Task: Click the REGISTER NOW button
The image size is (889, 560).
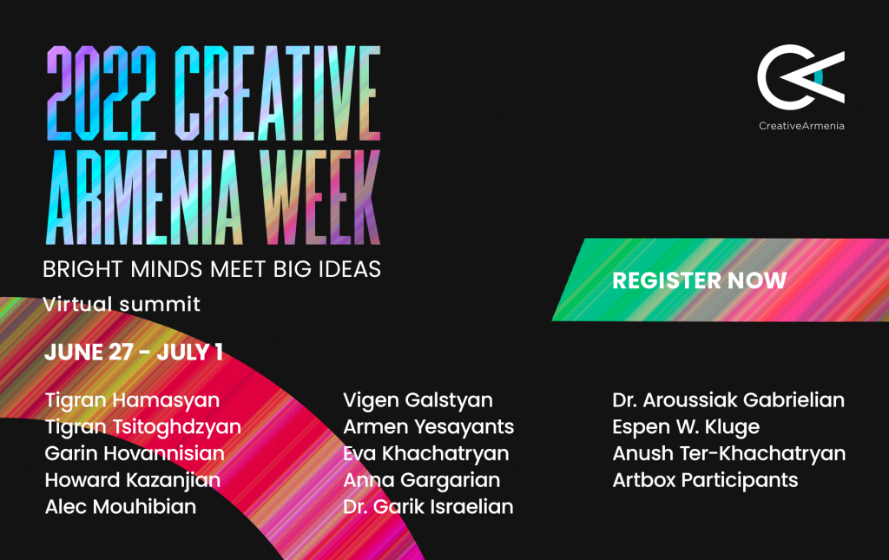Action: tap(720, 280)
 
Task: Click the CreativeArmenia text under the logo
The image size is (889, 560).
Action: tap(801, 126)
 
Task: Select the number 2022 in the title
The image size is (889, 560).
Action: tap(101, 93)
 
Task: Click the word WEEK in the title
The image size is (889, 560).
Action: tap(320, 197)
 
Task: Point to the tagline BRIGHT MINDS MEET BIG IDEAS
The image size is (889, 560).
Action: tap(212, 269)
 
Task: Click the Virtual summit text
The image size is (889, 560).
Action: tap(122, 305)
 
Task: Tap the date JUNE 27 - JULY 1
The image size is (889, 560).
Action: tap(133, 352)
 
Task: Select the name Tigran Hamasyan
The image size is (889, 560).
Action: tap(132, 401)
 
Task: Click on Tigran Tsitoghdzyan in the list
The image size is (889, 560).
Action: tap(143, 427)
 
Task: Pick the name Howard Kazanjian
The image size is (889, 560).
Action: tap(133, 481)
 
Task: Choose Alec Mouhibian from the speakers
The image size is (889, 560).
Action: tap(120, 507)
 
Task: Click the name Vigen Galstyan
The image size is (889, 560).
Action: tap(418, 401)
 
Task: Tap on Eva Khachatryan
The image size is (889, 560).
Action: tap(425, 454)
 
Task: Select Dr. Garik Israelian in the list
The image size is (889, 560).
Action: tap(428, 507)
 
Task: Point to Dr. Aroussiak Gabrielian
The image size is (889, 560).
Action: tap(728, 400)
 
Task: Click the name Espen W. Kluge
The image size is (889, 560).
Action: tap(686, 427)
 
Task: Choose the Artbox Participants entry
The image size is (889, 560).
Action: tap(705, 481)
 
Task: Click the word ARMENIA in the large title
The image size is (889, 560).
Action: tap(144, 197)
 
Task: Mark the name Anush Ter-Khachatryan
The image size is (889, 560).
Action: tap(729, 454)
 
